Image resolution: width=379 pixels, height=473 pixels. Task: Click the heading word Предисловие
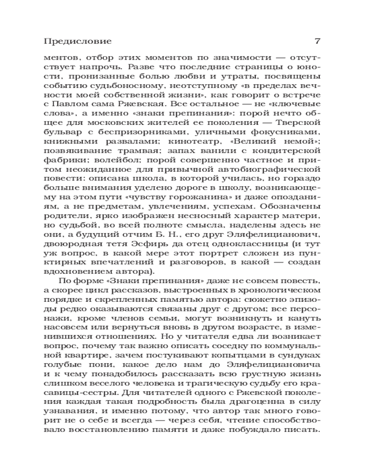77,41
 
